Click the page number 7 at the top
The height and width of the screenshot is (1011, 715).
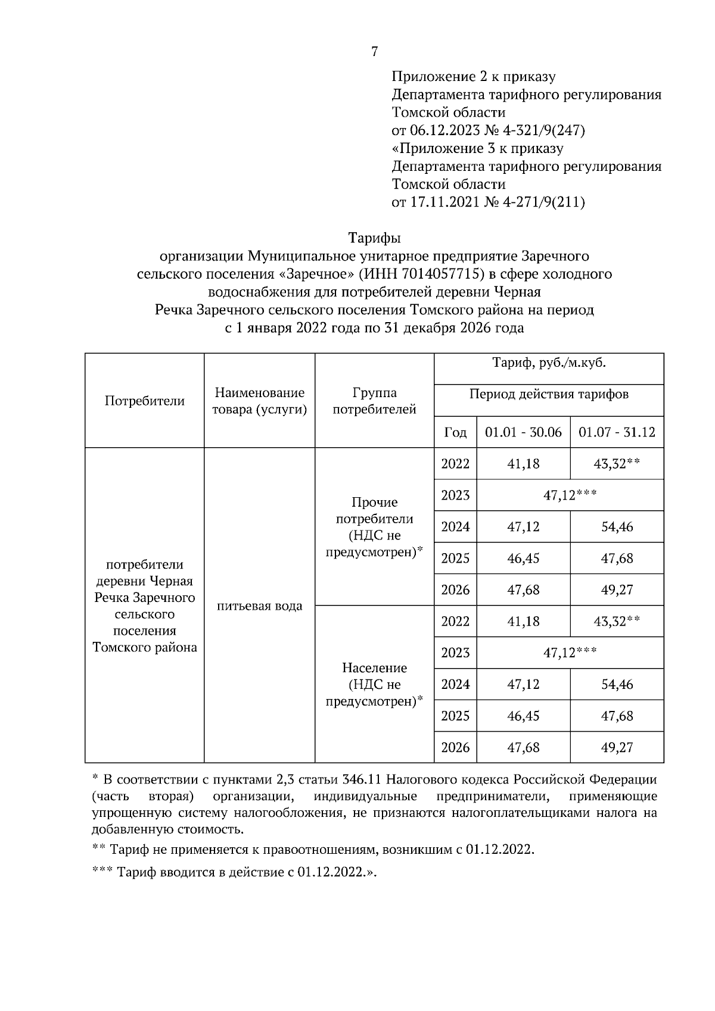pos(374,52)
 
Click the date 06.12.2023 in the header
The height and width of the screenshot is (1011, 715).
pos(445,130)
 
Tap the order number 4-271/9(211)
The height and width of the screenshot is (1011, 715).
pos(544,202)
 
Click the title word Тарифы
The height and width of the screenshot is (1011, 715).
pos(374,238)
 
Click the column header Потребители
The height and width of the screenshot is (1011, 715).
pos(144,401)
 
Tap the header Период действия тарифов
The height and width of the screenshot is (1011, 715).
pos(549,394)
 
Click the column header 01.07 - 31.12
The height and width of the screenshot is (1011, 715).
pos(617,432)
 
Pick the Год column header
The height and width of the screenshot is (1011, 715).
pos(455,432)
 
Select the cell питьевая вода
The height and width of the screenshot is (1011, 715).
pos(259,606)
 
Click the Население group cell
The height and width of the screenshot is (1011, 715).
pos(374,684)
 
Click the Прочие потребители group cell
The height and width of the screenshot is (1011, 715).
pos(374,527)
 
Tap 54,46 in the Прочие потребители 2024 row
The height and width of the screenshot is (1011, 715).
pos(617,526)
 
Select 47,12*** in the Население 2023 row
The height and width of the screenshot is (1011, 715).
pos(570,653)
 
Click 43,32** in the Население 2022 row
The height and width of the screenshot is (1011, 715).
pos(617,621)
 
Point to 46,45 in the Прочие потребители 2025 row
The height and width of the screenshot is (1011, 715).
pos(523,558)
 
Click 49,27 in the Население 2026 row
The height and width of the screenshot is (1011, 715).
pos(617,747)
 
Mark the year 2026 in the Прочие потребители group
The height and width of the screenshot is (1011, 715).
pos(455,589)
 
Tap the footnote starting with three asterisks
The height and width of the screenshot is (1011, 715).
pos(235,872)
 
